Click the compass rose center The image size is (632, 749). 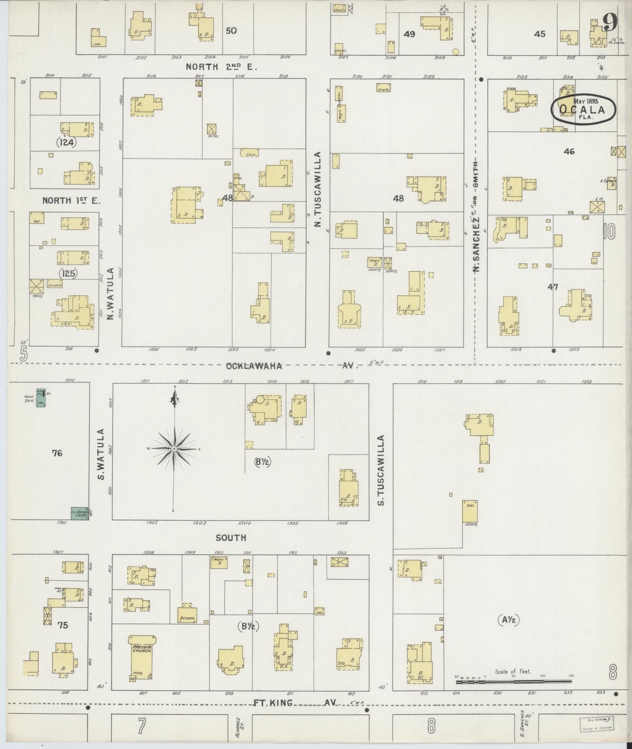click(x=174, y=449)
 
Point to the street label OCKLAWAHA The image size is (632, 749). click(x=254, y=366)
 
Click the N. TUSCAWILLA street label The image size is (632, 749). click(x=318, y=190)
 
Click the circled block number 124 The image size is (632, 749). click(x=66, y=142)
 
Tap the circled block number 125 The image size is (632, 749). click(x=69, y=273)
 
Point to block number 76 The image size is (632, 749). click(x=57, y=453)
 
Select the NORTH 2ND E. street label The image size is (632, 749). click(x=221, y=67)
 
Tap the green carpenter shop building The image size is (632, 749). click(x=80, y=513)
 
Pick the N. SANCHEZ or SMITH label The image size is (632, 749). click(x=476, y=217)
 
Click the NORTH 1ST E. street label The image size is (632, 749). click(x=71, y=201)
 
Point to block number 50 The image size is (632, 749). click(x=231, y=31)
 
